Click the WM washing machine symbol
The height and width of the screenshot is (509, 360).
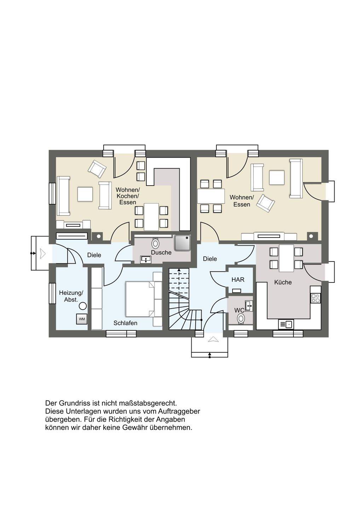(x=82, y=319)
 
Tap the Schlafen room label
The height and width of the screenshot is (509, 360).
(x=126, y=323)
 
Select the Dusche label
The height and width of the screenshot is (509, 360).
(x=161, y=252)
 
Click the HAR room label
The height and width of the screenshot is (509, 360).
(x=238, y=280)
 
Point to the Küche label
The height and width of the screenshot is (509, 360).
(x=283, y=282)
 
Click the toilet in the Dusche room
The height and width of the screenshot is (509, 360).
(x=156, y=243)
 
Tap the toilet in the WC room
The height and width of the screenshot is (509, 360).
(x=241, y=318)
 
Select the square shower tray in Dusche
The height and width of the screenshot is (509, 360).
(x=182, y=243)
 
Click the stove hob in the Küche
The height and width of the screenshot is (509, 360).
(x=315, y=298)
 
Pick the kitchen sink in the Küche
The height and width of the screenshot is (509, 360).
(x=286, y=324)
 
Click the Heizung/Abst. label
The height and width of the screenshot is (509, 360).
(x=71, y=296)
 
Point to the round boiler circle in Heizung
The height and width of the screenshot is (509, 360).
(x=83, y=306)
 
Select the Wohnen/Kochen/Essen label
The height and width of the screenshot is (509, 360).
(x=128, y=196)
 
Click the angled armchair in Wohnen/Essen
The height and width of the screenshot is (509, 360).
(x=266, y=203)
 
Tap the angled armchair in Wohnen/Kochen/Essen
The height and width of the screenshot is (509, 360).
(x=97, y=169)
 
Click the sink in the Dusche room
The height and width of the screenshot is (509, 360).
(x=146, y=259)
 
